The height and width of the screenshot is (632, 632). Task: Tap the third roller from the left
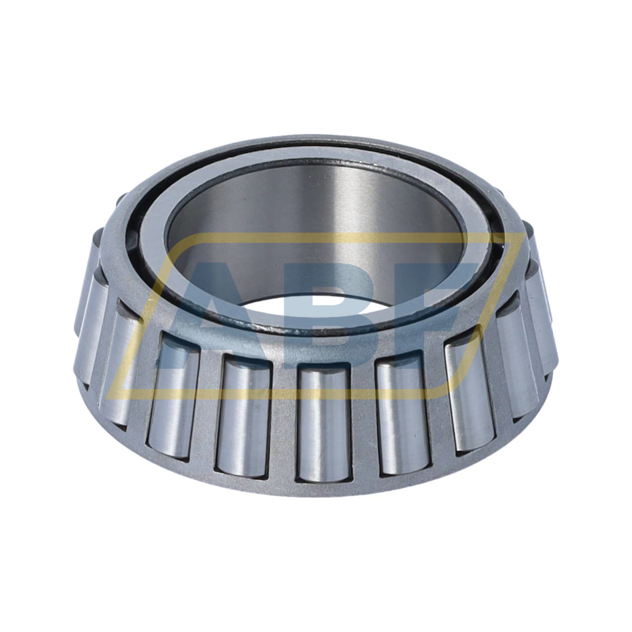click(173, 392)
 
